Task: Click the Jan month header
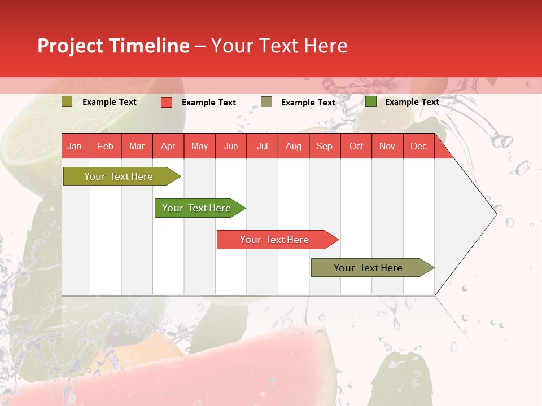pos(75,146)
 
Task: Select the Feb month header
pos(106,146)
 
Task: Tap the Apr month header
pos(168,146)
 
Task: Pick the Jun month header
pos(230,146)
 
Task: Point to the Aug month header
pos(293,146)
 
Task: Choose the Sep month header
pos(324,146)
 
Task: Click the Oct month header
pos(356,146)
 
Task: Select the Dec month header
pos(418,146)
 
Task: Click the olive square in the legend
pos(67,101)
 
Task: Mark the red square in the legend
pos(166,102)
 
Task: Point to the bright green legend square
pos(371,101)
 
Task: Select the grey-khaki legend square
pos(266,102)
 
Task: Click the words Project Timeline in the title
pos(113,46)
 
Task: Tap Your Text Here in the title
pos(279,46)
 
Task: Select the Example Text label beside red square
pos(208,103)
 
